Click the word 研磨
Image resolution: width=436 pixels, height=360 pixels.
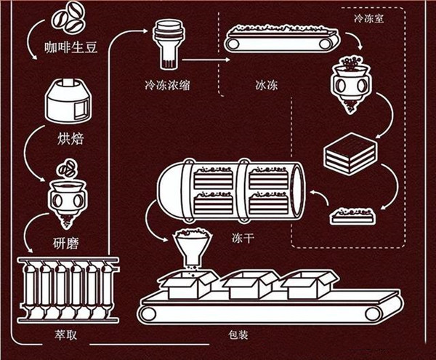68,242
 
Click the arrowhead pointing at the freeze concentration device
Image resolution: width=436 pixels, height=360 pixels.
145,31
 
